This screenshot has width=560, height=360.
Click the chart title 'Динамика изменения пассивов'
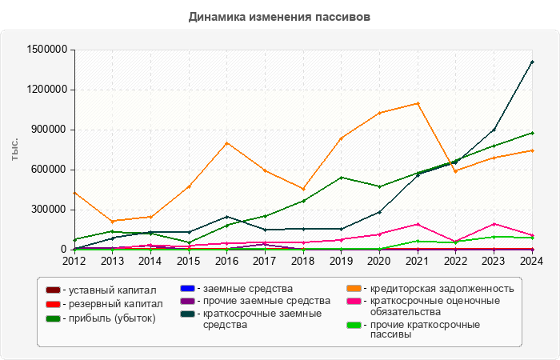point(279,16)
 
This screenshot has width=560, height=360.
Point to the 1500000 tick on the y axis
point(46,50)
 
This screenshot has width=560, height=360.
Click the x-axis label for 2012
point(74,260)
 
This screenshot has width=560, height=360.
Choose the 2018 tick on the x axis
point(302,260)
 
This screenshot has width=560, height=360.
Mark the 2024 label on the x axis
point(531,260)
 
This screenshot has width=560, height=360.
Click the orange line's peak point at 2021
point(418,103)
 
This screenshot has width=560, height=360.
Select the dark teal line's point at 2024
point(532,62)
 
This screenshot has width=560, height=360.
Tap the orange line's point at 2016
point(226,143)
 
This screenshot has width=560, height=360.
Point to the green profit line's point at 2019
point(341,178)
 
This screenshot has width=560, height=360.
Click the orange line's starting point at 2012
point(74,193)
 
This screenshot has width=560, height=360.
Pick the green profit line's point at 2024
point(532,133)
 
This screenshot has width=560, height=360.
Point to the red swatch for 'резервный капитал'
point(53,304)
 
